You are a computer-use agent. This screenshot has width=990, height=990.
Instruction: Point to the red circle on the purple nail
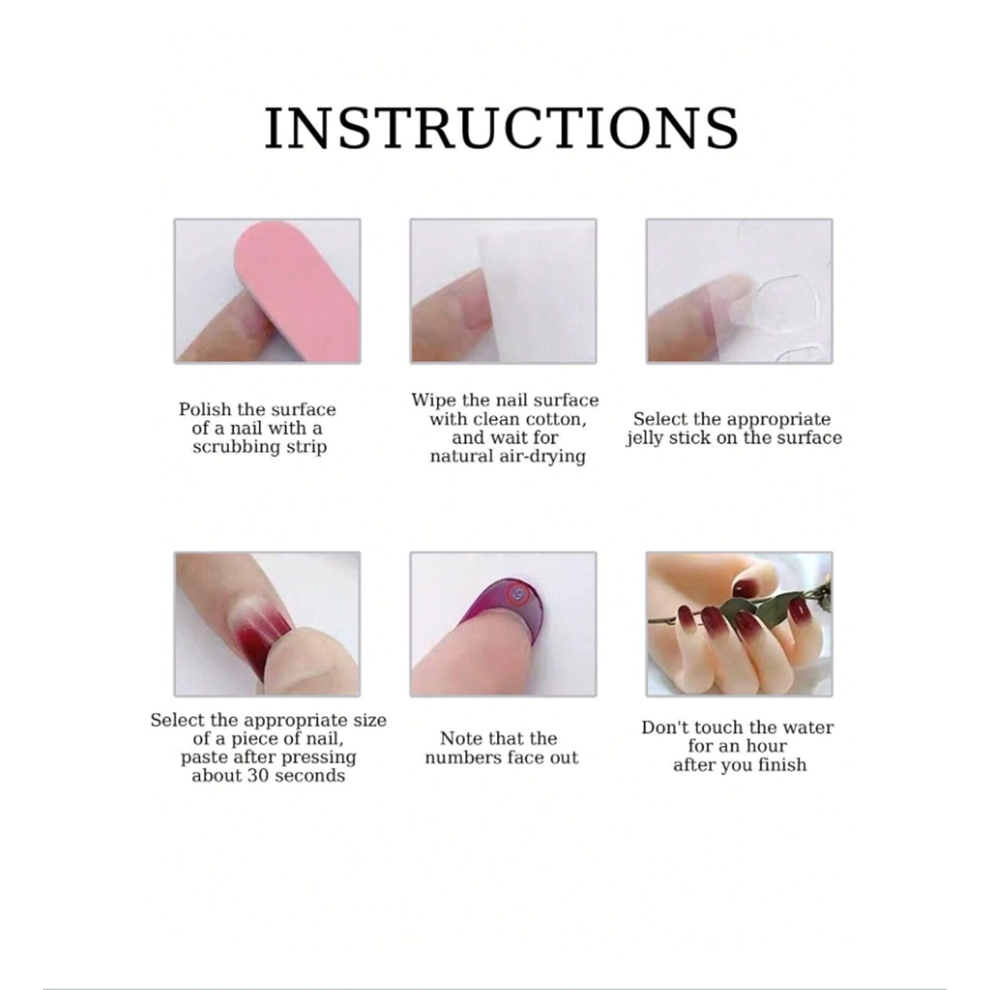517,595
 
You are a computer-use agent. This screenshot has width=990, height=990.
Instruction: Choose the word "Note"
460,739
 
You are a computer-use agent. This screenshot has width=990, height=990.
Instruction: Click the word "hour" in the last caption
768,746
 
